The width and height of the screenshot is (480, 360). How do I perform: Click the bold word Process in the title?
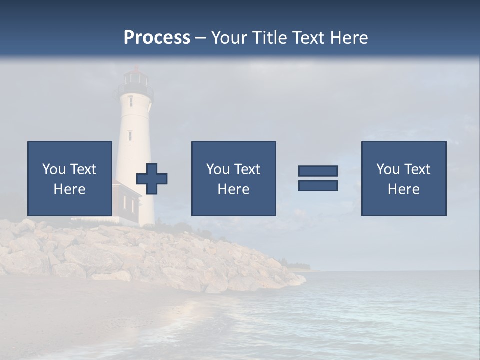pyautogui.click(x=157, y=38)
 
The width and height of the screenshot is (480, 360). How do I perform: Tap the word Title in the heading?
pyautogui.click(x=270, y=38)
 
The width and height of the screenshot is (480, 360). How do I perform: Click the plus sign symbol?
pyautogui.click(x=152, y=179)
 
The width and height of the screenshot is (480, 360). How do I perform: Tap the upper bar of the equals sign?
pyautogui.click(x=318, y=171)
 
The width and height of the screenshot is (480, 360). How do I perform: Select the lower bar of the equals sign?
pyautogui.click(x=318, y=185)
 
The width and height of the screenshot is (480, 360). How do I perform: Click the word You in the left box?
pyautogui.click(x=54, y=169)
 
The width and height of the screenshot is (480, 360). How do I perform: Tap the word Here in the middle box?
pyautogui.click(x=233, y=189)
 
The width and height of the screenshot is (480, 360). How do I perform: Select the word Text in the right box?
pyautogui.click(x=417, y=169)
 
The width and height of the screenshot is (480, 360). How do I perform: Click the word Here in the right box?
pyautogui.click(x=403, y=189)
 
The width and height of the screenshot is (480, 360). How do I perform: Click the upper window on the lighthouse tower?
pyautogui.click(x=130, y=101)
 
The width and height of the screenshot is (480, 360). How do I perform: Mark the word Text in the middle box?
pyautogui.click(x=247, y=169)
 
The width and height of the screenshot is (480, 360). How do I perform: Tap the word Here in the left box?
pyautogui.click(x=69, y=189)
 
